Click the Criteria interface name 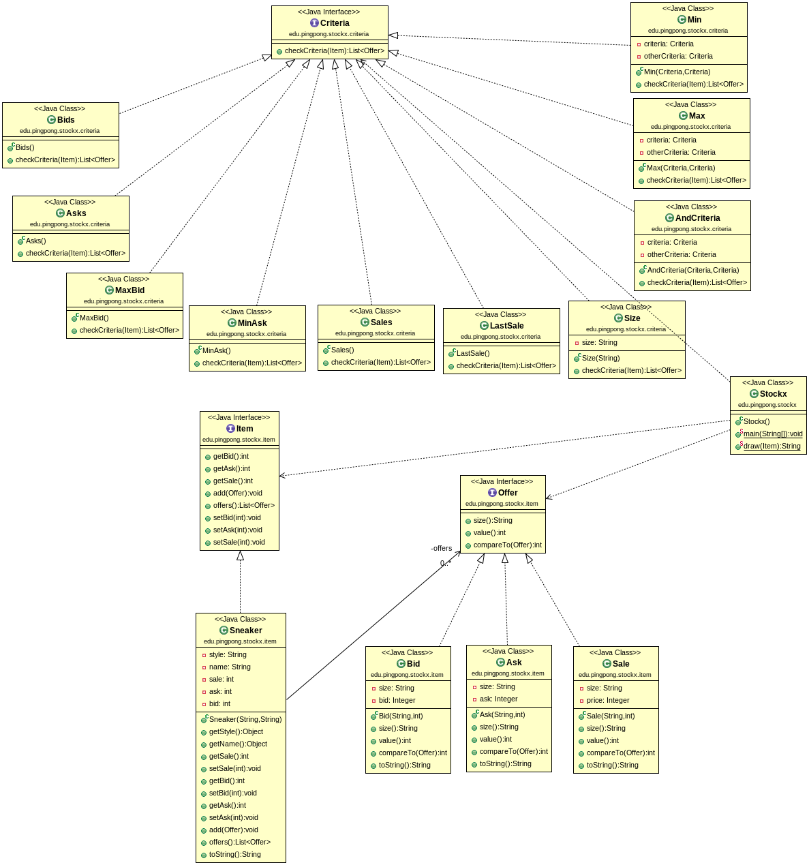[335, 23]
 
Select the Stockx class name [773, 394]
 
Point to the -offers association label [441, 548]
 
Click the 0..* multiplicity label [446, 563]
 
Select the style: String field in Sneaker [228, 655]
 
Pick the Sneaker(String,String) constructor [245, 720]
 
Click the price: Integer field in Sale [608, 701]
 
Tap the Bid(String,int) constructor [401, 716]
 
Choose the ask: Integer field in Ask [498, 699]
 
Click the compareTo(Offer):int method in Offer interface [507, 545]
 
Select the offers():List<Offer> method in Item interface [243, 506]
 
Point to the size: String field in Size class [599, 343]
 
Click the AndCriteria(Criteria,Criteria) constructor [692, 271]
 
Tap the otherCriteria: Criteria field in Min [678, 57]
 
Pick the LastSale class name [506, 326]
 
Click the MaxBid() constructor [94, 318]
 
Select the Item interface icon [231, 429]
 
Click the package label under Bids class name [59, 131]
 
